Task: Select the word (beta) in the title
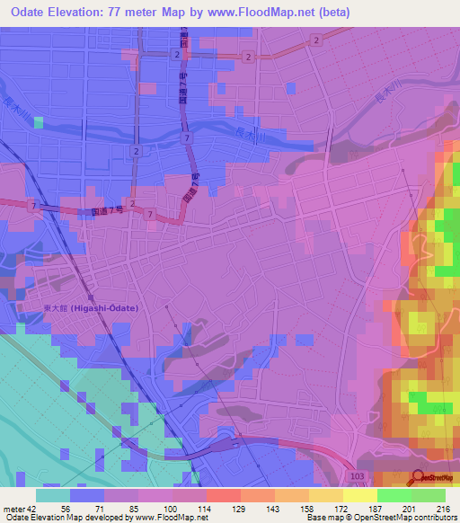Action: pos(327,12)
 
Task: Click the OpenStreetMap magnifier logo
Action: pos(420,478)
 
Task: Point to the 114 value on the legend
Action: pos(189,508)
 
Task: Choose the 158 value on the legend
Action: pos(291,508)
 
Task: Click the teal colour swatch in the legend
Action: pos(53,495)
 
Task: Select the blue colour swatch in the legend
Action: pos(87,495)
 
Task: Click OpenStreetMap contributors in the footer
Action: pos(413,518)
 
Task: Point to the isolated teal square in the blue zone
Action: pos(39,122)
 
